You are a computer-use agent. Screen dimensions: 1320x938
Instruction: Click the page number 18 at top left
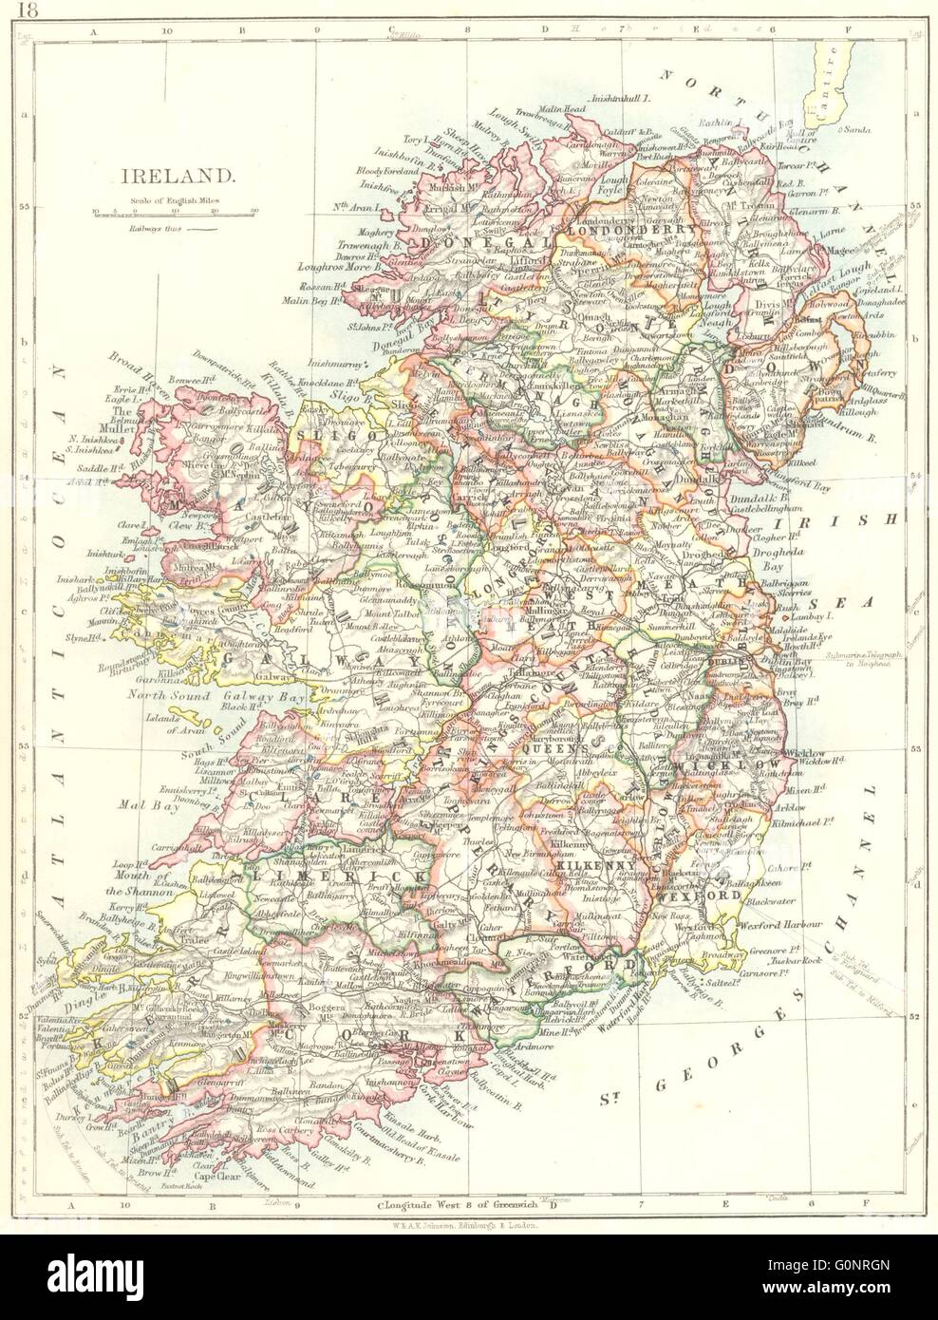[13, 10]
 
